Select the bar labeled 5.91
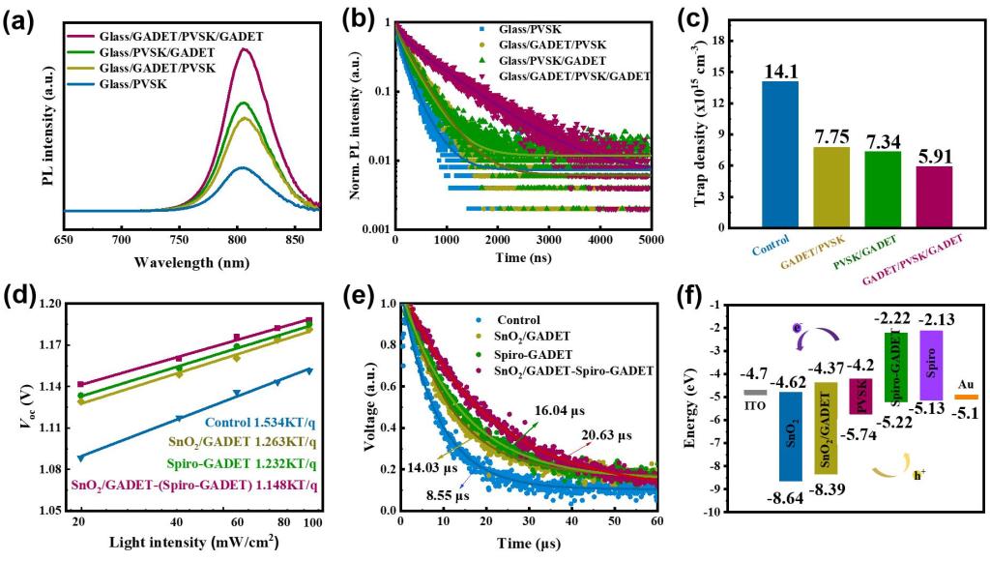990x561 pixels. coord(935,197)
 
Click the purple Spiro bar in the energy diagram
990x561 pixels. coord(932,365)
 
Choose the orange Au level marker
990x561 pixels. coord(966,397)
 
